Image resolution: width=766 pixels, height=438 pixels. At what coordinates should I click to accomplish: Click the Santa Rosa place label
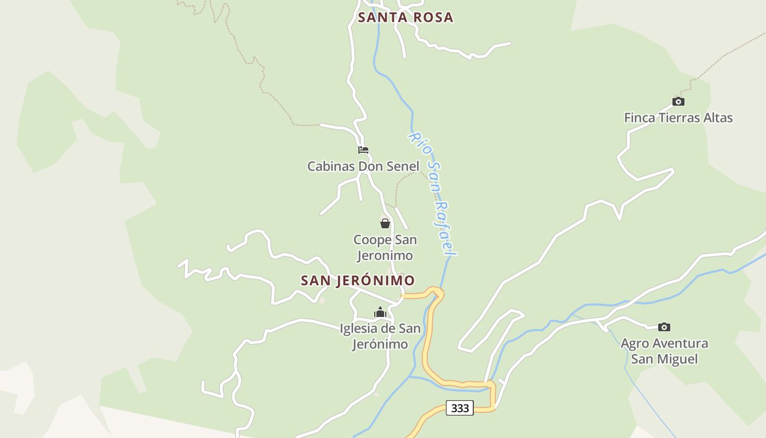point(405,18)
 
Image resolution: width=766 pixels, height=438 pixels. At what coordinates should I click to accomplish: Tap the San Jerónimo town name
point(358,280)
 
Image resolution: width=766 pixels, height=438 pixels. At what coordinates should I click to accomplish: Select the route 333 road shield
point(460,408)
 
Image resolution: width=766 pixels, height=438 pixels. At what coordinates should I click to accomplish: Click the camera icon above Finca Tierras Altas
point(678,101)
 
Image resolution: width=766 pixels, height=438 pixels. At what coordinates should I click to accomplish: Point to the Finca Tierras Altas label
point(678,118)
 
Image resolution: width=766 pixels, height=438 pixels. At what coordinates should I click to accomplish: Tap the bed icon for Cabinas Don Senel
point(363,150)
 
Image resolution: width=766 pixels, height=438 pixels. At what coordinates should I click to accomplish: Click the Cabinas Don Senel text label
point(363,166)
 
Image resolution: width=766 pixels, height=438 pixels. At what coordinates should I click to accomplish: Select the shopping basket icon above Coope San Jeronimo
point(385,223)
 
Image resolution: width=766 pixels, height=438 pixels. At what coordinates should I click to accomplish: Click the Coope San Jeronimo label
point(385,247)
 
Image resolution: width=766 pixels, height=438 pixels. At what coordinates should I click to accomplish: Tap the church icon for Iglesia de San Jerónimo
point(380,313)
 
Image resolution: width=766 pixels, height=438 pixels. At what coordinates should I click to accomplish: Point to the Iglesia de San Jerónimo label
point(380,336)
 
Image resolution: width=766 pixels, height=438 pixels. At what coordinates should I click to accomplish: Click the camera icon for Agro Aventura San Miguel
point(664,327)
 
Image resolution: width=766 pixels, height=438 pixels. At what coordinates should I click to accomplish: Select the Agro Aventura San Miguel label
point(664,351)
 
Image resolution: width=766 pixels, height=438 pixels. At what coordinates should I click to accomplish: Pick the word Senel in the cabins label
point(403,166)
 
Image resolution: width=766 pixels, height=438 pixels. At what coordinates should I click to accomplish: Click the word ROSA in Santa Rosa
point(433,18)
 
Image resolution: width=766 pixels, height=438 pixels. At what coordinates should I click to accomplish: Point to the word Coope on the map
point(373,240)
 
